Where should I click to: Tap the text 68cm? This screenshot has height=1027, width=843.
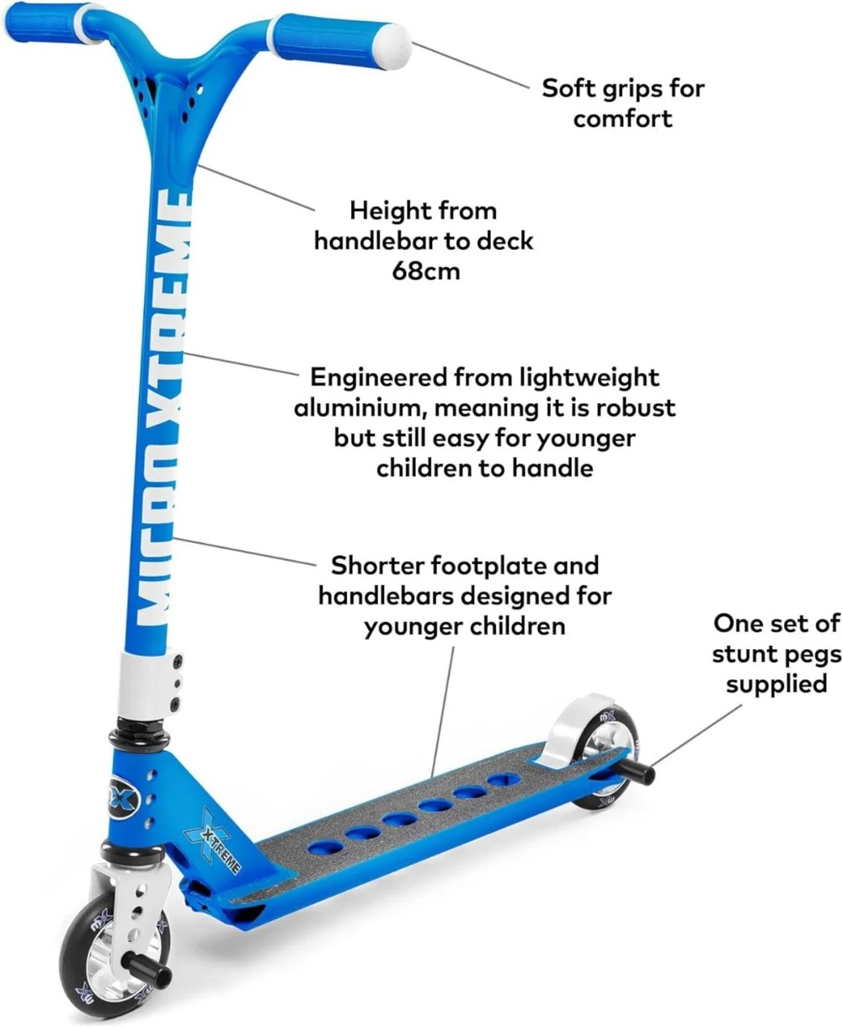click(x=426, y=271)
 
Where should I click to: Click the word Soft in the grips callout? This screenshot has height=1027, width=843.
click(x=568, y=88)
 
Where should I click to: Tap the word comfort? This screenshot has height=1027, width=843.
click(x=622, y=119)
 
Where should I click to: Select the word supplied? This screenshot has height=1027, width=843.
click(x=776, y=684)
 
